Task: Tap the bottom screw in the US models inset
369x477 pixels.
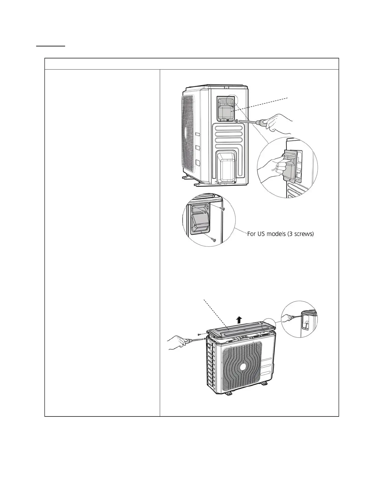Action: (214, 240)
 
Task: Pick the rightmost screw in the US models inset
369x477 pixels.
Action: (222, 209)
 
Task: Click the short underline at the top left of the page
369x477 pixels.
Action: (51, 46)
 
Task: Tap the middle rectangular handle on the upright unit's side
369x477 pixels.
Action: (198, 148)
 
